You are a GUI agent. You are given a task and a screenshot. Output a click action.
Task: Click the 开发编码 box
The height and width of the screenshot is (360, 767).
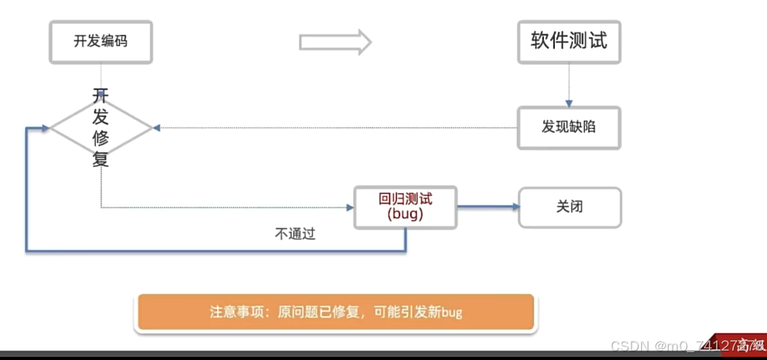click(101, 42)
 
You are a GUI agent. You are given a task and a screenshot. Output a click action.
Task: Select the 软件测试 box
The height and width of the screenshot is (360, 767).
click(569, 42)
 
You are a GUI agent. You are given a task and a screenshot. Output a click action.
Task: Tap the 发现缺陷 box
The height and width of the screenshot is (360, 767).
click(569, 127)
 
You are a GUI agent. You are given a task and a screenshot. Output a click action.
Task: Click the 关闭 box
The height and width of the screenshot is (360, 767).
click(569, 208)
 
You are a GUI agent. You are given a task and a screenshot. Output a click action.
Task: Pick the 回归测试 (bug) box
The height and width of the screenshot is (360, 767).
click(406, 208)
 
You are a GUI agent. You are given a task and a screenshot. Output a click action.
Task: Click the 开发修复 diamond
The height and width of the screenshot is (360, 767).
click(101, 127)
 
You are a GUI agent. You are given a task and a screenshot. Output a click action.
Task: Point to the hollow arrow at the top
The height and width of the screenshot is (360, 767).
click(335, 42)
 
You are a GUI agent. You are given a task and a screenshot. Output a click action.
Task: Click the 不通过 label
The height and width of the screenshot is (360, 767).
click(295, 233)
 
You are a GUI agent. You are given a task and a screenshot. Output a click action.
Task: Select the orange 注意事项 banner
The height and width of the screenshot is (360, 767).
click(336, 312)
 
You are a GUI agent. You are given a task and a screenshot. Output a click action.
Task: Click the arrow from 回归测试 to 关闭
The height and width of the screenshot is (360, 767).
click(487, 208)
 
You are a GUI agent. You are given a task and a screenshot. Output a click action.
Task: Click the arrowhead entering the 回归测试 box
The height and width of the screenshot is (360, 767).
click(350, 208)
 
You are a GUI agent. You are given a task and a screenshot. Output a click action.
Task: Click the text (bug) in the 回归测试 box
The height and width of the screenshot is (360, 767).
click(406, 215)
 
